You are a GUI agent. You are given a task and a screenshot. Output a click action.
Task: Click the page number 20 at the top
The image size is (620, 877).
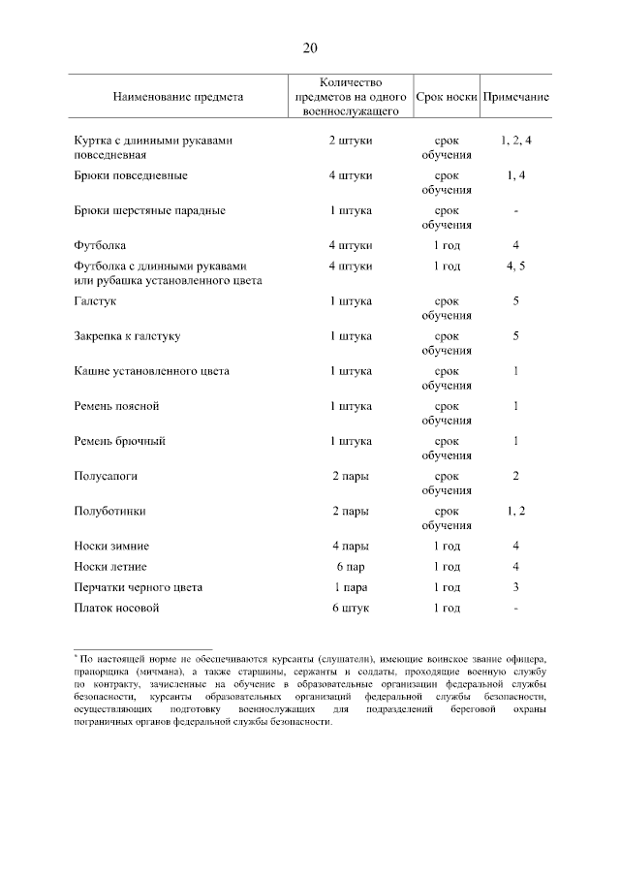[x=310, y=49]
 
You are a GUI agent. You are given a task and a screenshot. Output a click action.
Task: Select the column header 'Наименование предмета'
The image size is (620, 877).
[x=178, y=97]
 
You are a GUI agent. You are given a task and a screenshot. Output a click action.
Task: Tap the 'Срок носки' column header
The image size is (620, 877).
[x=447, y=97]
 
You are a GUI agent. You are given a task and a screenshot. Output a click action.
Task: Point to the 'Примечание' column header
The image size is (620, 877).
[x=516, y=97]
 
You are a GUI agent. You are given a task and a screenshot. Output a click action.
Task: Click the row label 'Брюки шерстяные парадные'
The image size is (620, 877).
[x=149, y=210]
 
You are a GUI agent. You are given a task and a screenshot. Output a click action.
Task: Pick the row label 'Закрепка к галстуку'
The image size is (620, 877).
[x=127, y=336]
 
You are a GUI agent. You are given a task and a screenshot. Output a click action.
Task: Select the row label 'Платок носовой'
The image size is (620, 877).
[x=116, y=608]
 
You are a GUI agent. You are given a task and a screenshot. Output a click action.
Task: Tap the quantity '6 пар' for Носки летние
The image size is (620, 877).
[x=350, y=566]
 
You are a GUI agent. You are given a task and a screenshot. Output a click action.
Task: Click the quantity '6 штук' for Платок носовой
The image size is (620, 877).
[x=350, y=608]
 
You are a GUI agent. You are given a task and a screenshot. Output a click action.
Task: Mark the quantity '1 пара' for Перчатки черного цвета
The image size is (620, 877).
[x=350, y=587]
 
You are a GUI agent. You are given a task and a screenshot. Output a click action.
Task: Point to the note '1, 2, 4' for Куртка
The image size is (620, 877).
[x=516, y=141]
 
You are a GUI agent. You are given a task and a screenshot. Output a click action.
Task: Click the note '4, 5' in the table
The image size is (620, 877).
[x=516, y=266]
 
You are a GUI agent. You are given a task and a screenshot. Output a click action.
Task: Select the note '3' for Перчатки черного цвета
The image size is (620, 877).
[x=516, y=587]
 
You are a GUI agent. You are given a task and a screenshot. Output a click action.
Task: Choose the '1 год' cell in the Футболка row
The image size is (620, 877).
[x=447, y=245]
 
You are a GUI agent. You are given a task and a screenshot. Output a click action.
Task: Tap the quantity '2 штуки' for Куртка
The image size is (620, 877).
[x=350, y=141]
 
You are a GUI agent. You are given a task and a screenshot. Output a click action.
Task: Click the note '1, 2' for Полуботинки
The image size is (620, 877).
[x=516, y=511]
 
